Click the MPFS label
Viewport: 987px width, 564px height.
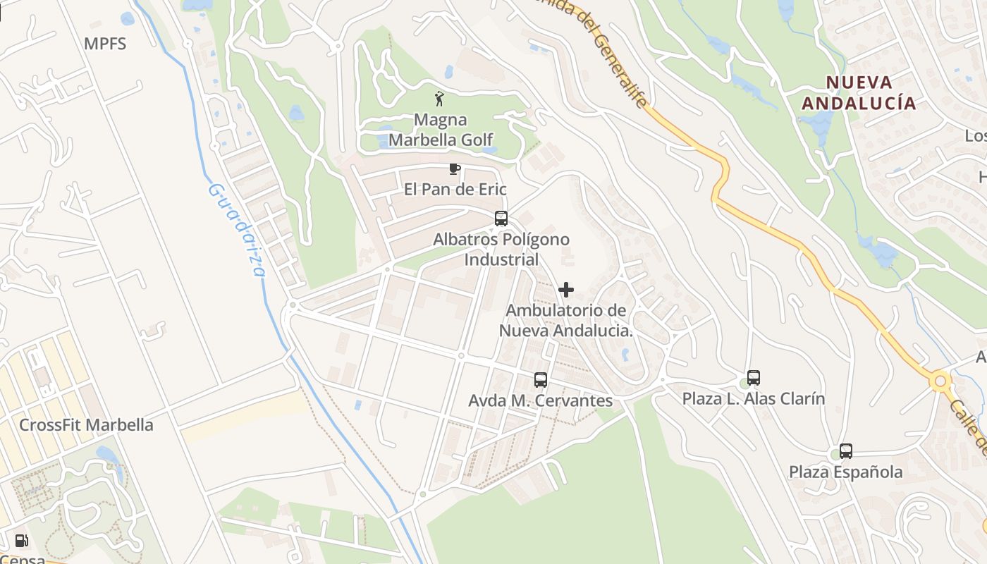pyautogui.click(x=105, y=44)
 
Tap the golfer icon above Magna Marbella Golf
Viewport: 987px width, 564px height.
pyautogui.click(x=440, y=99)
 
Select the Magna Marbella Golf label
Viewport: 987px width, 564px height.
pyautogui.click(x=441, y=130)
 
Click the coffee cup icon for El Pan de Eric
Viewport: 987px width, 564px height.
pyautogui.click(x=455, y=168)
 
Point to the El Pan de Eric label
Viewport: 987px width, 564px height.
pyautogui.click(x=455, y=190)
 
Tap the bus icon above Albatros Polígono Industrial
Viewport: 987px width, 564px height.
pyautogui.click(x=501, y=219)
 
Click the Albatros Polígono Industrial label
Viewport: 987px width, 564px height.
pyautogui.click(x=501, y=250)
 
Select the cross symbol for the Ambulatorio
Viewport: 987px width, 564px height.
pyautogui.click(x=565, y=290)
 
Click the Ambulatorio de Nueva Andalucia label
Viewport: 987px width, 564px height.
pyautogui.click(x=566, y=320)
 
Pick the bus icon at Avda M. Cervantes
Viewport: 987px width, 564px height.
pyautogui.click(x=541, y=380)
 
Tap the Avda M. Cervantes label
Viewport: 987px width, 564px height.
pyautogui.click(x=541, y=400)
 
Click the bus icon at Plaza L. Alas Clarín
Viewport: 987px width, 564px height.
pyautogui.click(x=754, y=378)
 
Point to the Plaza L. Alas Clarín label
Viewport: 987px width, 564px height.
pyautogui.click(x=754, y=399)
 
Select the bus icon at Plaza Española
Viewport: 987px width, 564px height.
pyautogui.click(x=846, y=451)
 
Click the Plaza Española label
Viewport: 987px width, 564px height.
pyautogui.click(x=845, y=472)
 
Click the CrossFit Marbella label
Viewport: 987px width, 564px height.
pyautogui.click(x=86, y=425)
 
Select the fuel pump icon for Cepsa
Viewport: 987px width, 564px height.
pyautogui.click(x=22, y=541)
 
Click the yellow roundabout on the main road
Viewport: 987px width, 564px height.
pyautogui.click(x=940, y=382)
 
